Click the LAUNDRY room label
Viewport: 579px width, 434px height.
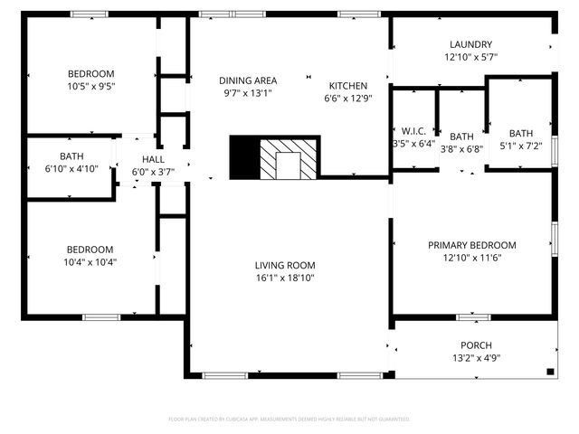click(470, 44)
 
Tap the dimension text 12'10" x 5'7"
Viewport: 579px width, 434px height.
click(470, 57)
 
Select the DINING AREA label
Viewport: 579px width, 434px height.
click(250, 80)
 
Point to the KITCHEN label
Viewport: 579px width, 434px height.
click(348, 85)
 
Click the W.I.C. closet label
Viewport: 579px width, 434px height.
click(413, 131)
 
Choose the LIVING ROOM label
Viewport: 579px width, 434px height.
click(285, 265)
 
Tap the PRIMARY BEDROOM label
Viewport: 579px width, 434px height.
click(471, 245)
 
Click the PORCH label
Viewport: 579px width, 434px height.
click(475, 344)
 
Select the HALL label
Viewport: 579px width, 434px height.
click(153, 160)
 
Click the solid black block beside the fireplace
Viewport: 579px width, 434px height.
click(244, 157)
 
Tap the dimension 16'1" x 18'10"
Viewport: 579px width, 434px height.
click(285, 278)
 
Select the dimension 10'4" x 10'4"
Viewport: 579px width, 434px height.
click(90, 262)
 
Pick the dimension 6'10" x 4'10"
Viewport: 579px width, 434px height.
click(71, 168)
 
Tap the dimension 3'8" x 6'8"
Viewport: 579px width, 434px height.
click(461, 149)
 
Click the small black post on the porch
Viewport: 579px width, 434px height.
click(550, 371)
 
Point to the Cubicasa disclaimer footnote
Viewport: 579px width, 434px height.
click(289, 420)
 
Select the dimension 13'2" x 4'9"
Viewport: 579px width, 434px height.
click(475, 357)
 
